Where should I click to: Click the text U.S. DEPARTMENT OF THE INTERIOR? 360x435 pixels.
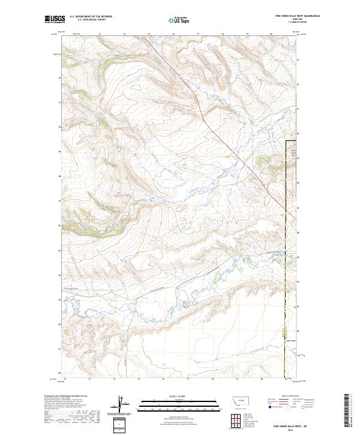[x=91, y=17]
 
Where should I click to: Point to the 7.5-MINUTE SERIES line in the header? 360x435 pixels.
[x=296, y=24]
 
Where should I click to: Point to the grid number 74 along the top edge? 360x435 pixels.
[x=124, y=35]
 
